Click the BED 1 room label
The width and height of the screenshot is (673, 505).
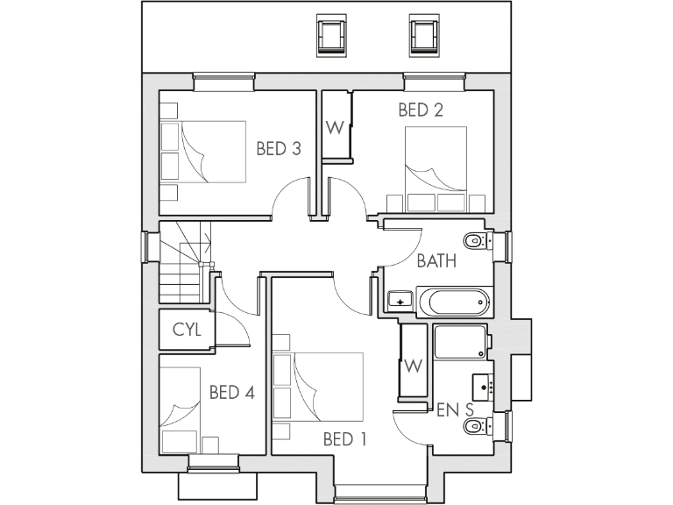(344, 438)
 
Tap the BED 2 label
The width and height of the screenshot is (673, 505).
(420, 110)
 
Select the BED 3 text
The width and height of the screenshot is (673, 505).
(279, 149)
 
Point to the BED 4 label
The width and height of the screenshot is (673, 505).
(231, 392)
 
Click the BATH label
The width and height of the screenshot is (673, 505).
(436, 260)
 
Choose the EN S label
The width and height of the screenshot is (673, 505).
(455, 409)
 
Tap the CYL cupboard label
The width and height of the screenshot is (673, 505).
(187, 330)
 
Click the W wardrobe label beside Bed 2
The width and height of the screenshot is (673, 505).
(335, 127)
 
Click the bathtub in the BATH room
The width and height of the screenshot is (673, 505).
(453, 302)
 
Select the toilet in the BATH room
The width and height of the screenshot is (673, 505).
(476, 240)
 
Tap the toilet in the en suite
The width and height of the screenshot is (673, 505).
(477, 427)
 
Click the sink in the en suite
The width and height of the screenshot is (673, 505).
(485, 385)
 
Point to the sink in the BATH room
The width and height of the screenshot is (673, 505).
(400, 302)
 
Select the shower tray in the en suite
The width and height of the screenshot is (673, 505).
(460, 342)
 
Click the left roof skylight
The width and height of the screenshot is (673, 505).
(330, 35)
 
